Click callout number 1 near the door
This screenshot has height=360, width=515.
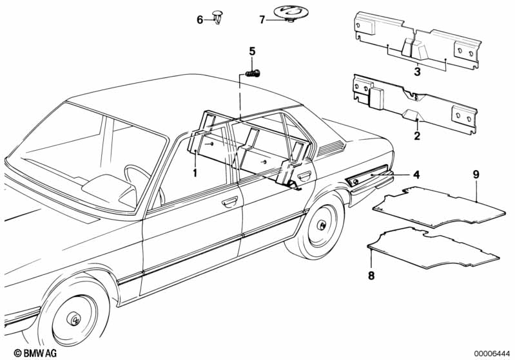coord(194,173)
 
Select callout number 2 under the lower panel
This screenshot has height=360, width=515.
coord(417,136)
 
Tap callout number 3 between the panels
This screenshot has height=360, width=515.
coord(417,72)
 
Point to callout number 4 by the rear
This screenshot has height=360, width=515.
coord(416,175)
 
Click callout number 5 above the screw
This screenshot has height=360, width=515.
coord(252,51)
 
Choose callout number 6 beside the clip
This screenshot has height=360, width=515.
coord(200,20)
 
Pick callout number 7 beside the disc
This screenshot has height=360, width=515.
coord(262,20)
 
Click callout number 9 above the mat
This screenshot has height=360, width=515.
coord(476,174)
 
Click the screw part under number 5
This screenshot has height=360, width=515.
coord(252,72)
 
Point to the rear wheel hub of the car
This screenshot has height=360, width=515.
coord(320,226)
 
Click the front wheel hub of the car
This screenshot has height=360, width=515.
coord(75,319)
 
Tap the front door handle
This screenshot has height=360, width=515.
coord(228,204)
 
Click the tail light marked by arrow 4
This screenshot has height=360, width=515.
coord(371,178)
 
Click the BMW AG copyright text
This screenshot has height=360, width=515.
coord(26,353)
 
